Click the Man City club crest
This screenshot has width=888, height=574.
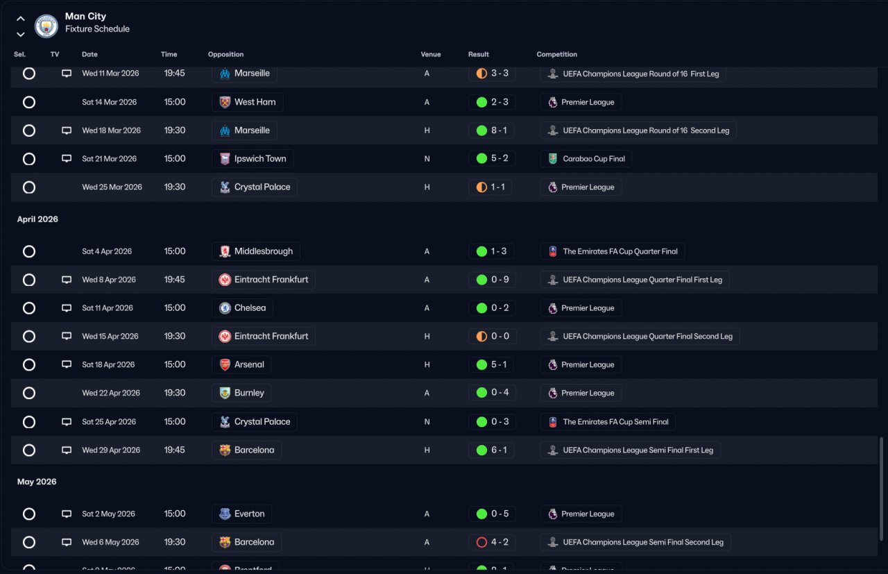[x=46, y=26]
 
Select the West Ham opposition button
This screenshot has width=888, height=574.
[x=248, y=102]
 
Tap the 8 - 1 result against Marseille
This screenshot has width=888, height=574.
[x=492, y=130]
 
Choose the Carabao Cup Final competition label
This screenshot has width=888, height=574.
[x=586, y=159]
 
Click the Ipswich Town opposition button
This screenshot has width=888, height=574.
[x=253, y=159]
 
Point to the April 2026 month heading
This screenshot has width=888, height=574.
[x=37, y=219]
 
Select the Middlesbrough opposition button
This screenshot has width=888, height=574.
[x=256, y=251]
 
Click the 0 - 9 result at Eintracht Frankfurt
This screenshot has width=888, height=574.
[x=492, y=280]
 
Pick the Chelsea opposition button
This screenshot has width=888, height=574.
[x=243, y=308]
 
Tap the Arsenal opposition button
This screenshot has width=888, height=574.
[x=242, y=364]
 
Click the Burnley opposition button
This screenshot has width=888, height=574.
[x=242, y=393]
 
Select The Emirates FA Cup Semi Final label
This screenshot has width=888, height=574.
[x=608, y=422]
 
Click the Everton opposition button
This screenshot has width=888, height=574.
[x=242, y=514]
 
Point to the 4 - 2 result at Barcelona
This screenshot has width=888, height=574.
[x=492, y=542]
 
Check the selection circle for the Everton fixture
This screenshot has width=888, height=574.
[x=29, y=514]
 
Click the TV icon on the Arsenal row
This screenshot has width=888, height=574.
[x=67, y=364]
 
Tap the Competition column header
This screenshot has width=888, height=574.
[x=557, y=54]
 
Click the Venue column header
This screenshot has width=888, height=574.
[x=430, y=54]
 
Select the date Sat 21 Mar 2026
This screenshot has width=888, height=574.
[x=110, y=159]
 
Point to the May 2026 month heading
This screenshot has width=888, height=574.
[x=37, y=482]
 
